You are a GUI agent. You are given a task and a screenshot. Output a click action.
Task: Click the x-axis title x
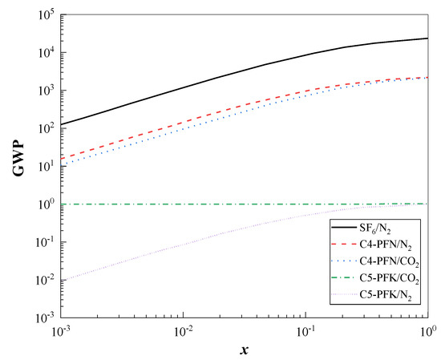point(244,350)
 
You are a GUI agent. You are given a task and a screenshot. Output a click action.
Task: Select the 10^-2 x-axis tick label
point(184,331)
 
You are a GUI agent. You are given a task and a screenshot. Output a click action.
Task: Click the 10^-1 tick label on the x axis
point(306,331)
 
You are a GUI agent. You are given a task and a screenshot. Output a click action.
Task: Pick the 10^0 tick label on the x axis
point(427,331)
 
